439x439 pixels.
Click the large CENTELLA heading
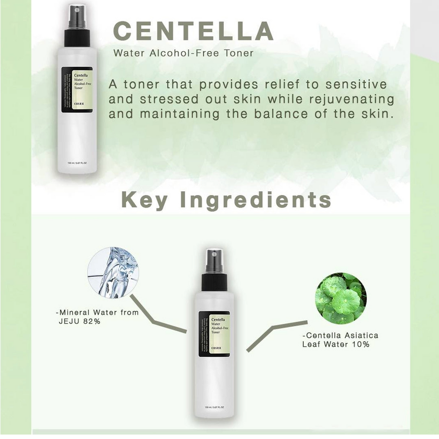(193, 32)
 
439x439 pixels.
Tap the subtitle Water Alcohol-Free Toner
(183, 54)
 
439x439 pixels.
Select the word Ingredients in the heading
(256, 200)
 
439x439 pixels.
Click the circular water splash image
(113, 273)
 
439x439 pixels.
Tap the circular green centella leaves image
(341, 298)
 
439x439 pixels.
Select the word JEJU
(69, 321)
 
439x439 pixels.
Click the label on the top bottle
(77, 90)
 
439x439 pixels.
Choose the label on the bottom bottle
(214, 334)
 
